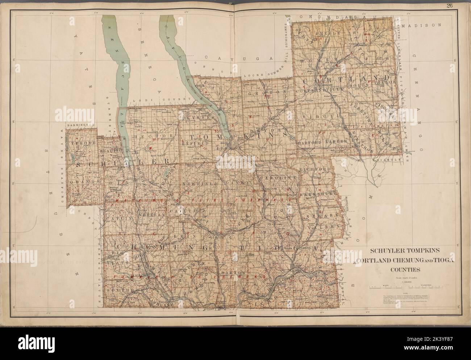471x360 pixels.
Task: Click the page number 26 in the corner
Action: pyautogui.click(x=459, y=5)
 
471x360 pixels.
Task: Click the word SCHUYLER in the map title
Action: pyautogui.click(x=385, y=251)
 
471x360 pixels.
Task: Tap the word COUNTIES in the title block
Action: pyautogui.click(x=405, y=269)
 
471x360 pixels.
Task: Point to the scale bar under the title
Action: pyautogui.click(x=405, y=287)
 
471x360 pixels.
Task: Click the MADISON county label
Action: pyautogui.click(x=424, y=26)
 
